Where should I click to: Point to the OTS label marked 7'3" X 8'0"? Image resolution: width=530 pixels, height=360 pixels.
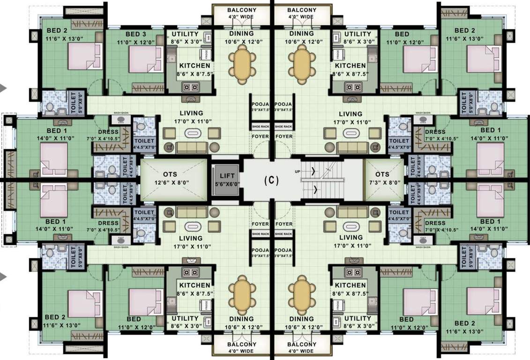click(x=383, y=174)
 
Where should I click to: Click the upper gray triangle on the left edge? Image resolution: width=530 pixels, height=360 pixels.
click(x=2, y=87)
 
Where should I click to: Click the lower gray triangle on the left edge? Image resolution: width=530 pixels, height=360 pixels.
click(x=2, y=276)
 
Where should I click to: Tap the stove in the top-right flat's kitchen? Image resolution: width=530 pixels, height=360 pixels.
click(x=352, y=86)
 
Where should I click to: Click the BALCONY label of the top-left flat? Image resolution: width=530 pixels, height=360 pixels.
click(x=242, y=10)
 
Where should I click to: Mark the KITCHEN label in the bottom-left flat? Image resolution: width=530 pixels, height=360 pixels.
click(x=194, y=285)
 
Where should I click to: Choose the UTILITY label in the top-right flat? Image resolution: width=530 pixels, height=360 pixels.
click(x=358, y=34)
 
